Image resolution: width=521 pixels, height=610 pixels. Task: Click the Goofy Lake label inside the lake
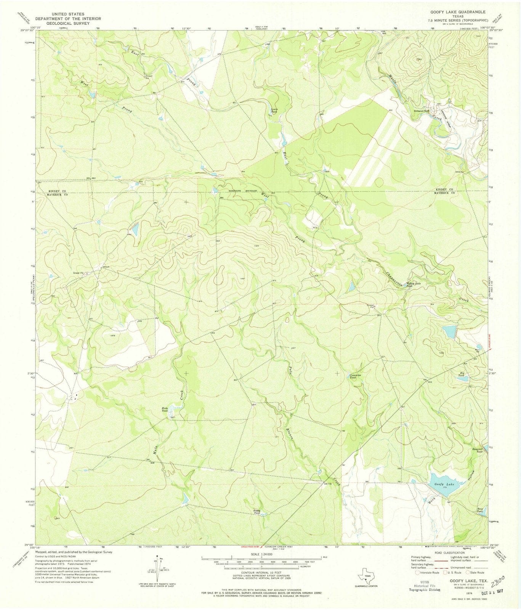coord(444,484)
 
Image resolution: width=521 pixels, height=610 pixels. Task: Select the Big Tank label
coord(462,374)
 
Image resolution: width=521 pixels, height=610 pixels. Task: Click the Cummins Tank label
coord(355,376)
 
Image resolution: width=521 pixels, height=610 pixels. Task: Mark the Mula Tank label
coord(165,409)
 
